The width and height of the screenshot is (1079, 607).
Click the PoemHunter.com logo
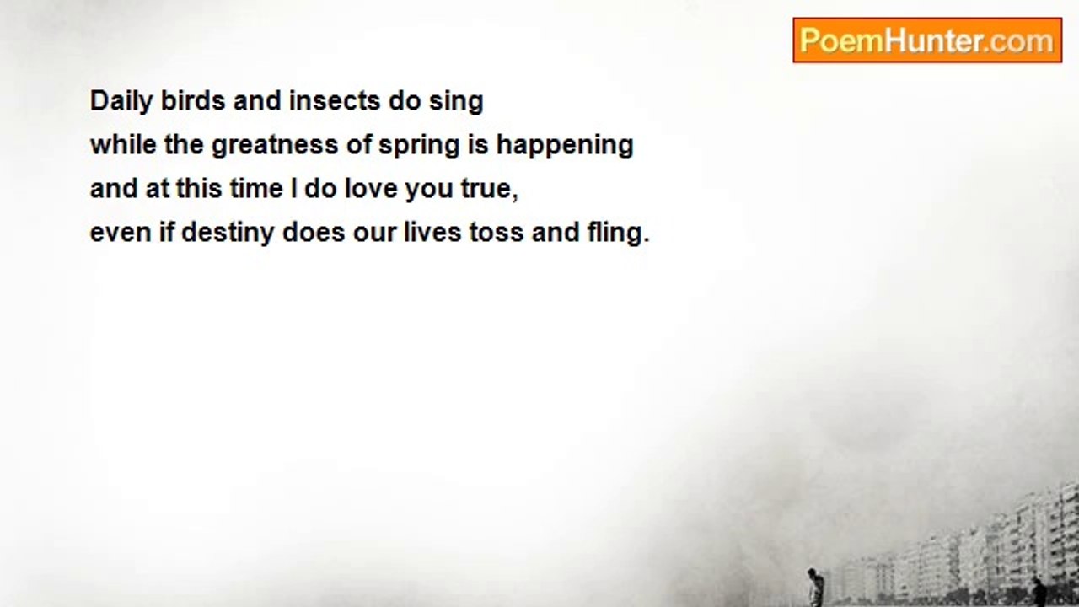pyautogui.click(x=926, y=40)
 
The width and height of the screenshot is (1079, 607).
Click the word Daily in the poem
pyautogui.click(x=121, y=102)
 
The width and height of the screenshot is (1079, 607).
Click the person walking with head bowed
pyautogui.click(x=815, y=588)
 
